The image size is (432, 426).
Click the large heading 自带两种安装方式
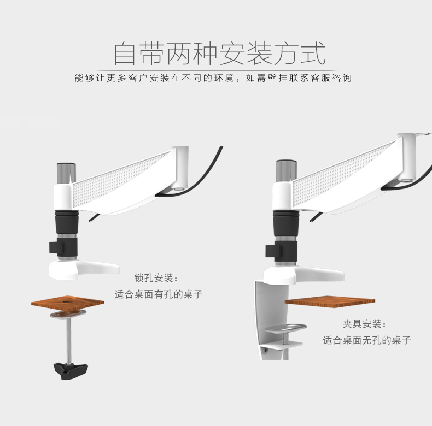click(x=220, y=54)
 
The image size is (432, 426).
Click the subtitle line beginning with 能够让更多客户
click(x=213, y=78)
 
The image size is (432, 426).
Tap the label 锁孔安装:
click(x=156, y=278)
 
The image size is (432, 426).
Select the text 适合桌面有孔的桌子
click(x=159, y=294)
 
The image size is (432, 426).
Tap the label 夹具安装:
click(x=364, y=324)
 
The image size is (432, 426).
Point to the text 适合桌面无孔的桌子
click(x=367, y=340)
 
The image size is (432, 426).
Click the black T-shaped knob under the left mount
click(x=71, y=371)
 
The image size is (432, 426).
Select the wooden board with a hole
click(x=67, y=304)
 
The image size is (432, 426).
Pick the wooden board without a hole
click(x=330, y=301)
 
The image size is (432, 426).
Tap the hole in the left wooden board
click(x=66, y=301)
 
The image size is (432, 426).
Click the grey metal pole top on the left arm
click(x=66, y=173)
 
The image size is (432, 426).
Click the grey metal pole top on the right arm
click(x=286, y=170)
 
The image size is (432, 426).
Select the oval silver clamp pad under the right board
click(x=285, y=328)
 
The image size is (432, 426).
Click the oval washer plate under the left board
click(x=68, y=313)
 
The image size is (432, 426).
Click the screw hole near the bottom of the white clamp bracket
click(x=266, y=350)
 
